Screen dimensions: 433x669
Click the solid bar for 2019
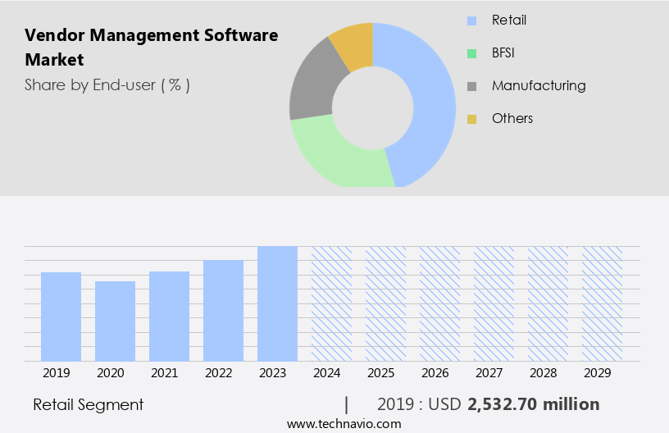pyautogui.click(x=61, y=317)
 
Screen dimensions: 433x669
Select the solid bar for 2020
pyautogui.click(x=115, y=321)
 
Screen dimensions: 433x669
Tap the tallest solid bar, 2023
pyautogui.click(x=277, y=303)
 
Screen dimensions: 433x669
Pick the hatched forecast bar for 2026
pyautogui.click(x=439, y=303)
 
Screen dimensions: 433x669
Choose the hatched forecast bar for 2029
pyautogui.click(x=602, y=303)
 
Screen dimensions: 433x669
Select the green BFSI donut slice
pyautogui.click(x=336, y=156)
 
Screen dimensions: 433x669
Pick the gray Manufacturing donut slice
pyautogui.click(x=312, y=90)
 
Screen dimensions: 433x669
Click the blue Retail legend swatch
pyautogui.click(x=471, y=21)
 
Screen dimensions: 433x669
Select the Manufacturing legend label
pyautogui.click(x=539, y=85)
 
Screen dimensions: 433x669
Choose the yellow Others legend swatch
pyautogui.click(x=471, y=119)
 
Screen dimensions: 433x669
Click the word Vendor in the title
pyautogui.click(x=52, y=35)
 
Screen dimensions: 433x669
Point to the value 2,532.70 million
pyautogui.click(x=533, y=404)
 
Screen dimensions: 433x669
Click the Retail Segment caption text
pyautogui.click(x=88, y=404)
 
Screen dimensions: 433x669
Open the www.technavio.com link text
pyautogui.click(x=344, y=423)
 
